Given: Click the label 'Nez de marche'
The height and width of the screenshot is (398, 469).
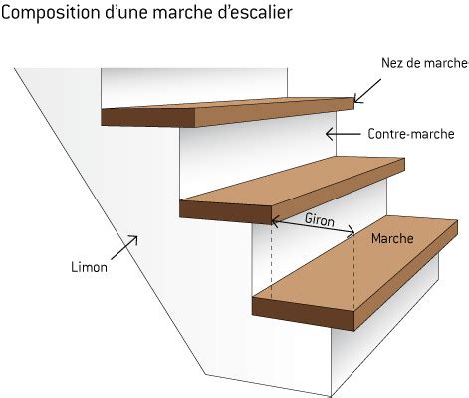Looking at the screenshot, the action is point(423,62).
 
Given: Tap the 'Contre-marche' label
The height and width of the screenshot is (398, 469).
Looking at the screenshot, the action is point(410,134).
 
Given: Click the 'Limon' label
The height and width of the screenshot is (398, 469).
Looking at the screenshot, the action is point(89,267).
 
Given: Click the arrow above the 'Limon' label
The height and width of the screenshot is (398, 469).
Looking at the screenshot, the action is point(129,243).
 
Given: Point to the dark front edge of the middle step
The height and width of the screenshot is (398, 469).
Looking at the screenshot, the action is point(225,210).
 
